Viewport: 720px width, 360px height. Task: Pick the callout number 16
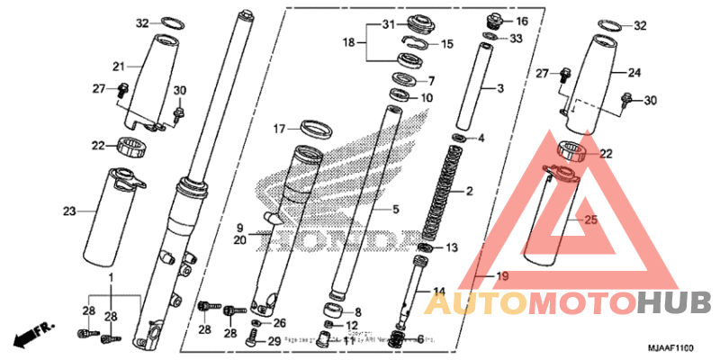click(521, 21)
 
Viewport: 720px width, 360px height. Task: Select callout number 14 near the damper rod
click(439, 291)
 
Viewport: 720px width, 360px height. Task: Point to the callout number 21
click(118, 66)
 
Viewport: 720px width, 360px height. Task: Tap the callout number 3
click(501, 88)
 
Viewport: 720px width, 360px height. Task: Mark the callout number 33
click(515, 39)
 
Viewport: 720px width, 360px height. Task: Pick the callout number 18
click(349, 41)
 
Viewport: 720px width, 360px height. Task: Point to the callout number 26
click(279, 322)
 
